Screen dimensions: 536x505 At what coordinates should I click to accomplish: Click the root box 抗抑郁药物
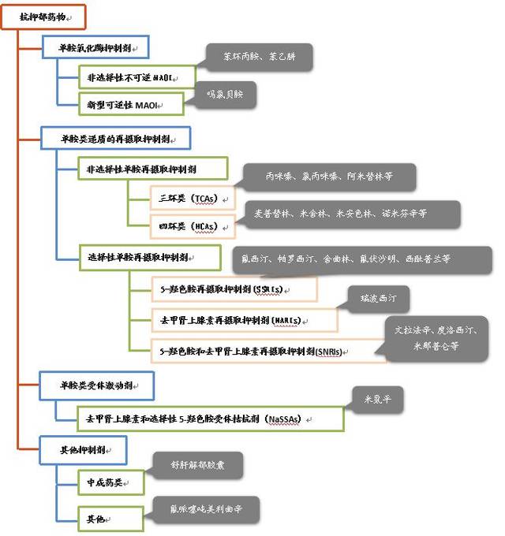tap(39, 17)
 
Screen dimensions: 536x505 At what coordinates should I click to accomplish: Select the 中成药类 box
tap(109, 481)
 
